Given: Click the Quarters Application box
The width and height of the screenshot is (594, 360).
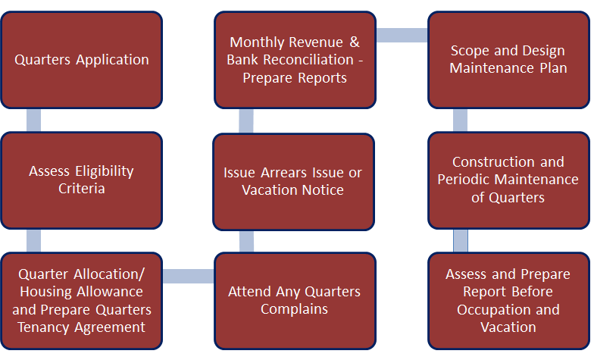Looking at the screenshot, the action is pos(82,60).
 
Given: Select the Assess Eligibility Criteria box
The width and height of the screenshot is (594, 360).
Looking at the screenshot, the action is pos(82,180).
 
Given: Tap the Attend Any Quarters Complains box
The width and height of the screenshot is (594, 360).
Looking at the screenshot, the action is pos(295,301).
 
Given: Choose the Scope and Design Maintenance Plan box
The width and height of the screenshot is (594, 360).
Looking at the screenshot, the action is pos(509,60).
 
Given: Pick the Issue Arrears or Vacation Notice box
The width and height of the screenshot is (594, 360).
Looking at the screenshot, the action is pos(294,182).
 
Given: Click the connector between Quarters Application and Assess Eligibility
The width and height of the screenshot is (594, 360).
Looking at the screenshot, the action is pos(33,121).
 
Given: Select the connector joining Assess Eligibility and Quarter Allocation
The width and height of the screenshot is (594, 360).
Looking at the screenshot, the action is pos(33,241).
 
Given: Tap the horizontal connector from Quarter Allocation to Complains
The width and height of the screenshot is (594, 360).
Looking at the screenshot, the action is pos(188,276).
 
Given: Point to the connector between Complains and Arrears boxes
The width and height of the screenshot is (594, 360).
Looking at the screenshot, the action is pos(247,242).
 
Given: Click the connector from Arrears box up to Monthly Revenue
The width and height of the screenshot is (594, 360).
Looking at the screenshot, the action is pos(246,121).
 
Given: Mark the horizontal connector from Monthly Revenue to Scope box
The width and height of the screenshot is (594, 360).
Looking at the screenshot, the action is pos(402,35).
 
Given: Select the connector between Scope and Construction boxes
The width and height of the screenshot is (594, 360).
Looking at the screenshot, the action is pos(461,121).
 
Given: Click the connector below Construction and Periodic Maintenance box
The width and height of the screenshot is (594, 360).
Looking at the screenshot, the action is pos(461,241).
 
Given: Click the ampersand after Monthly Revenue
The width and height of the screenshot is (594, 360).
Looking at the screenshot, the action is pos(355,42).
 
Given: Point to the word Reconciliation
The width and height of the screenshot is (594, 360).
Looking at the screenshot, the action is pos(308,59).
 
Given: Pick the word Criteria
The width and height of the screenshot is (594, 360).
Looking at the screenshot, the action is pos(82,189).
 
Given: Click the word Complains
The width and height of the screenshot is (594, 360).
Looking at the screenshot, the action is pos(294,309).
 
